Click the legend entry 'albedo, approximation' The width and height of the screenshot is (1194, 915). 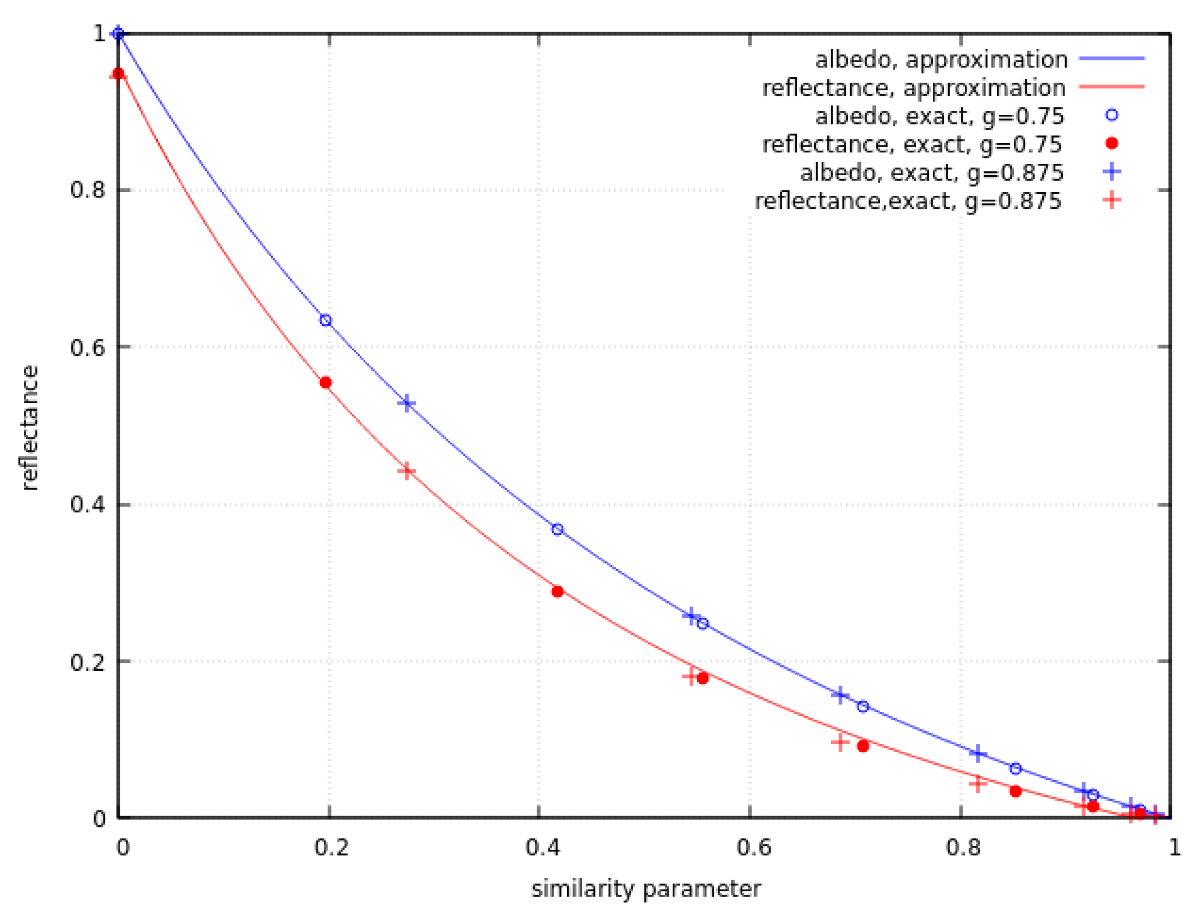pos(941,59)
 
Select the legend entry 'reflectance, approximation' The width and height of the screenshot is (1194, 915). pos(914,88)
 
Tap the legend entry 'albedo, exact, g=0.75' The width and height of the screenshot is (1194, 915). pos(939,116)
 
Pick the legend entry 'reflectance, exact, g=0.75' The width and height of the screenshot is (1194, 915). pos(912,144)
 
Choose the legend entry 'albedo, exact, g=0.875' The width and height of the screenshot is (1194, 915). pos(932,172)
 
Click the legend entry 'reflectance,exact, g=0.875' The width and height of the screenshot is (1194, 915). pos(908,201)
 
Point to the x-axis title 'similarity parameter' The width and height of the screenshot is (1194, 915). pos(646,889)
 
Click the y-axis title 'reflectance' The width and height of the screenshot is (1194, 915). pos(29,428)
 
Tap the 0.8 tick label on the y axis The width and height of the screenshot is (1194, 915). pos(87,190)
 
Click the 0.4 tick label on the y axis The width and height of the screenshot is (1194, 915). pos(87,504)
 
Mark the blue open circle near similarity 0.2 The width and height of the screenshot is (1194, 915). pos(326,320)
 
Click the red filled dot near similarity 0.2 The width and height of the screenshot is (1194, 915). pos(326,383)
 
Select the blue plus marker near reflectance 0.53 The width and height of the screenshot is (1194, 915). pos(407,404)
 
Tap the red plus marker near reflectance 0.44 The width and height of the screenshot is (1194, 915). pos(407,471)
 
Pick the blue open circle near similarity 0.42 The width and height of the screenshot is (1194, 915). pos(557,529)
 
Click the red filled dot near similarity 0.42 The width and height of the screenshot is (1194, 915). pos(557,591)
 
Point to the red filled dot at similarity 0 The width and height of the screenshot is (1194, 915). pos(118,73)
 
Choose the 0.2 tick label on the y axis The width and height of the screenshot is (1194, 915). pos(87,661)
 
